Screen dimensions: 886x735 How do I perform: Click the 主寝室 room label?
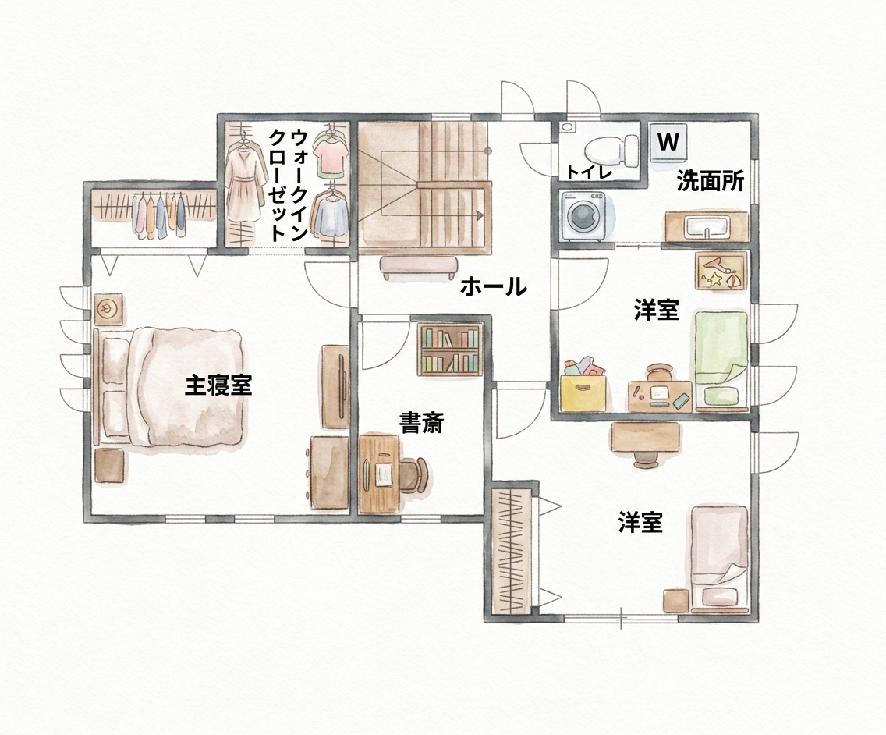pos(218,386)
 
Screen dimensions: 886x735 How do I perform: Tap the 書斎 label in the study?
pos(422,423)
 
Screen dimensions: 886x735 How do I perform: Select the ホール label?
pos(493,286)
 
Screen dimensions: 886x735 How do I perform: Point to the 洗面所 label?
pos(711,182)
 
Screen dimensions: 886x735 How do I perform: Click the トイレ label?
pos(590,172)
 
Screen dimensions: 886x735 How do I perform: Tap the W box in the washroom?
pos(668,140)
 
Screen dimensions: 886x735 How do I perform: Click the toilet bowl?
pos(610,151)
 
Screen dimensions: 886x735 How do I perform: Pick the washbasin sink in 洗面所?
pos(707,227)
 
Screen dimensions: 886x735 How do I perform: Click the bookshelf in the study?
pos(450,350)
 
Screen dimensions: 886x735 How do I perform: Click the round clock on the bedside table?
pos(106,309)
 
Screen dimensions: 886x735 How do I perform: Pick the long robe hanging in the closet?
pos(246,181)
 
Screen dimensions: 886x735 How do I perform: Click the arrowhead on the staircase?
pos(480,215)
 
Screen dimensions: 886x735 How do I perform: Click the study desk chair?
pos(416,475)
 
